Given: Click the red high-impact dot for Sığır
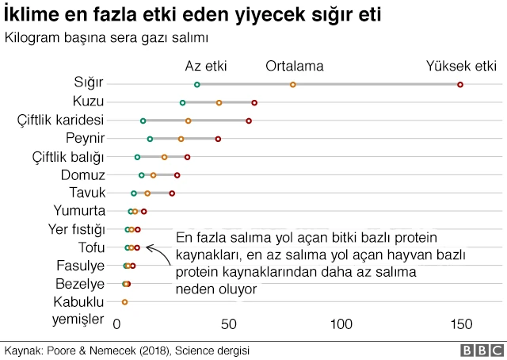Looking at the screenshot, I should point(460,84).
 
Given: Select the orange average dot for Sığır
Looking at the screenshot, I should point(293,84).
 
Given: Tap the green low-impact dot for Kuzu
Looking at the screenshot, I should point(183,102).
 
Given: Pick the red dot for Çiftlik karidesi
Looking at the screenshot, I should point(249,121).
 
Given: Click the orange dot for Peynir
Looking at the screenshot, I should point(181,139).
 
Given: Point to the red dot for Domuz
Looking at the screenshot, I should point(177,174).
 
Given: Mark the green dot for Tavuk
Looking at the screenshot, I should point(134,193).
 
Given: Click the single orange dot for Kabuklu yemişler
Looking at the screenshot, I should point(124,302).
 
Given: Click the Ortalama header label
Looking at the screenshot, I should point(293,65).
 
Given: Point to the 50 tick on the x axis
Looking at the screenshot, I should point(229,324).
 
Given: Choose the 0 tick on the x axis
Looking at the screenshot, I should point(117,324).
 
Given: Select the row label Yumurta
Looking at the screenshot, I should point(79,211).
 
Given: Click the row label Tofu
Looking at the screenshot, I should point(91,247).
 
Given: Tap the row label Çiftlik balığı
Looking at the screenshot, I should point(68,157).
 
